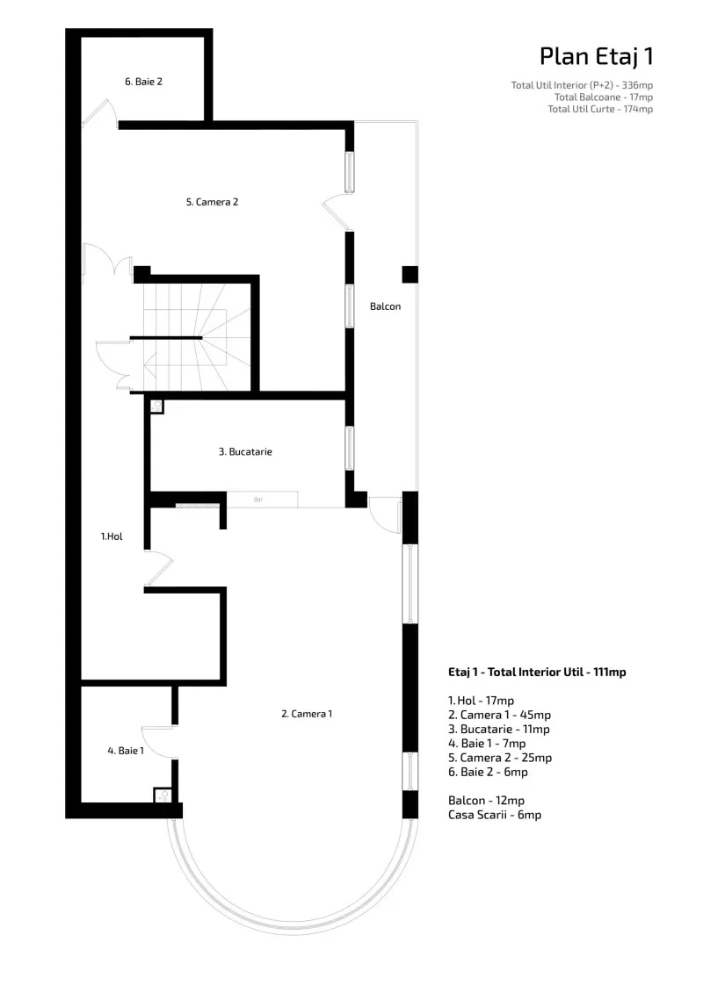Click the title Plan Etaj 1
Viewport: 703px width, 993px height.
click(x=596, y=56)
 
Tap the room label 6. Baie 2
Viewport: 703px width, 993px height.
click(x=143, y=82)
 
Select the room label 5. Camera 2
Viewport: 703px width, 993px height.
click(x=212, y=202)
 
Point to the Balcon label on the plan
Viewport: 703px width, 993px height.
click(x=386, y=306)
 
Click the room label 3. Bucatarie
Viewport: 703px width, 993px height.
click(x=245, y=451)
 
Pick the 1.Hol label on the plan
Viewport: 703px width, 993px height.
click(x=112, y=536)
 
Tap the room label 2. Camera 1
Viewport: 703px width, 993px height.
click(x=307, y=714)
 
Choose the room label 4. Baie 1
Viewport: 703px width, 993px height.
click(x=126, y=751)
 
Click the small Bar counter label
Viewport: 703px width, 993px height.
click(x=258, y=500)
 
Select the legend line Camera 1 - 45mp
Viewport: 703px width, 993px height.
click(x=499, y=715)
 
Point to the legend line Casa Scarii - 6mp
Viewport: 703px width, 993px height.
click(x=495, y=815)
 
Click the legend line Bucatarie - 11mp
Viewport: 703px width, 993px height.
click(x=499, y=729)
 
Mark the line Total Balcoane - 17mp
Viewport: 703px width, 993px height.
click(x=604, y=97)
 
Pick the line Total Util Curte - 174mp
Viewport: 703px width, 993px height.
click(x=600, y=109)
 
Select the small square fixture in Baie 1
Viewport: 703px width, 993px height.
click(x=163, y=795)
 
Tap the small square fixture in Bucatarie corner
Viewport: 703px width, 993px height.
click(x=156, y=407)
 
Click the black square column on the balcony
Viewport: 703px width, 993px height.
click(x=410, y=274)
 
